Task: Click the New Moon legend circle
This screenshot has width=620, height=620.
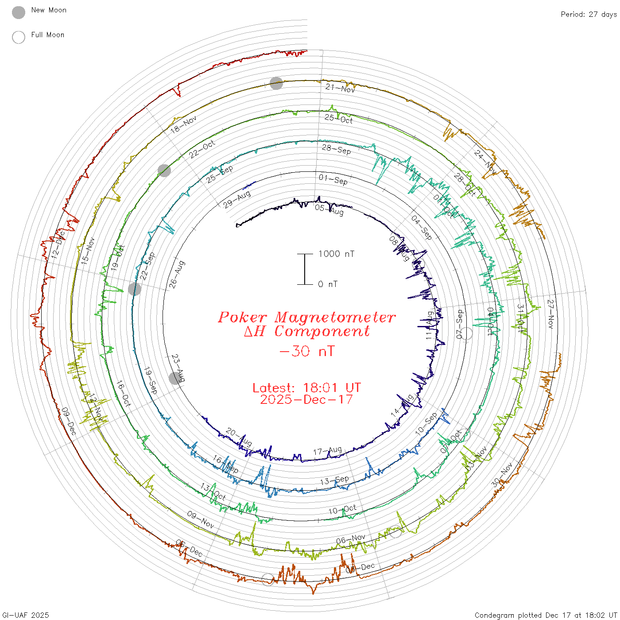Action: pyautogui.click(x=19, y=12)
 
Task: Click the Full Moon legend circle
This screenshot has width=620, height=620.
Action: pyautogui.click(x=19, y=37)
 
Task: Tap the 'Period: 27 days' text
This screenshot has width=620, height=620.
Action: pyautogui.click(x=589, y=14)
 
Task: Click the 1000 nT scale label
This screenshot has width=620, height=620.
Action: pyautogui.click(x=336, y=254)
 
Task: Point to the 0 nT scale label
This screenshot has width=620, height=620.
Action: pyautogui.click(x=327, y=284)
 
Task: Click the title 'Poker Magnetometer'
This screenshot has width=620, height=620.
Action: pyautogui.click(x=306, y=317)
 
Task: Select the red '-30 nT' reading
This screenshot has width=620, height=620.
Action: pyautogui.click(x=306, y=351)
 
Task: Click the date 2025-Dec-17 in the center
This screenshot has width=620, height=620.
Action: pyautogui.click(x=306, y=399)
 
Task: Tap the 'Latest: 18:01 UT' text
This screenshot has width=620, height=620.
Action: pyautogui.click(x=306, y=388)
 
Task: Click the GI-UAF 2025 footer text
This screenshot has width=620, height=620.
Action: pyautogui.click(x=26, y=615)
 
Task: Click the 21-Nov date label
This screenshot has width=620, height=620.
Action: pyautogui.click(x=340, y=88)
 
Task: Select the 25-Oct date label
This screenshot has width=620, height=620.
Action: pyautogui.click(x=339, y=118)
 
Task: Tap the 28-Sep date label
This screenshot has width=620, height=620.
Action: pyautogui.click(x=337, y=149)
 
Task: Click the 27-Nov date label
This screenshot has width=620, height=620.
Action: pyautogui.click(x=551, y=314)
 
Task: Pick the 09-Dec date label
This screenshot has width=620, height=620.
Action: pyautogui.click(x=69, y=421)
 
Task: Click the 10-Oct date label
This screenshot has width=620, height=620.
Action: pyautogui.click(x=342, y=510)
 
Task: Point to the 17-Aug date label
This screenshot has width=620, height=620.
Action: pyautogui.click(x=327, y=451)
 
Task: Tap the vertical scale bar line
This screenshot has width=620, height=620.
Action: pyautogui.click(x=305, y=269)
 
